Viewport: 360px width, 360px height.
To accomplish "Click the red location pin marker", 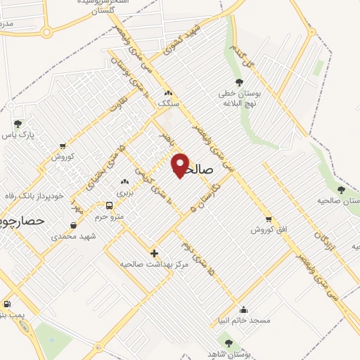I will point(180,165).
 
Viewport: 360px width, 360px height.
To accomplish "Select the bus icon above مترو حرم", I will point(109,205).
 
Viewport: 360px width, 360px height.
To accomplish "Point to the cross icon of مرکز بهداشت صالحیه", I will point(154,252).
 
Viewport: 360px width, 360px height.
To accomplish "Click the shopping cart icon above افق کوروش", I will point(268,219).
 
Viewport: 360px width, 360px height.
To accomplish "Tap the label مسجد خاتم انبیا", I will point(244,320).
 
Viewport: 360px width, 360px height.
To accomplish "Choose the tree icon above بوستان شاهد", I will point(229,343).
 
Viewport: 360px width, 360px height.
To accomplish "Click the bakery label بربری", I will point(124,192).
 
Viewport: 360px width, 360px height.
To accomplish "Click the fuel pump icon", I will point(6,304).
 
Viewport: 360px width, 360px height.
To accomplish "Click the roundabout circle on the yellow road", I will point(47,32).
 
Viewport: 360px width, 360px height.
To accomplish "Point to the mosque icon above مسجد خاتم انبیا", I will point(244,309).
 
